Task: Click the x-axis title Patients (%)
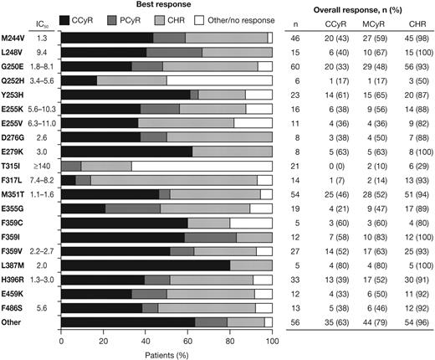coord(167,355)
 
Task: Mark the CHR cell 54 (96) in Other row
coord(414,322)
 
